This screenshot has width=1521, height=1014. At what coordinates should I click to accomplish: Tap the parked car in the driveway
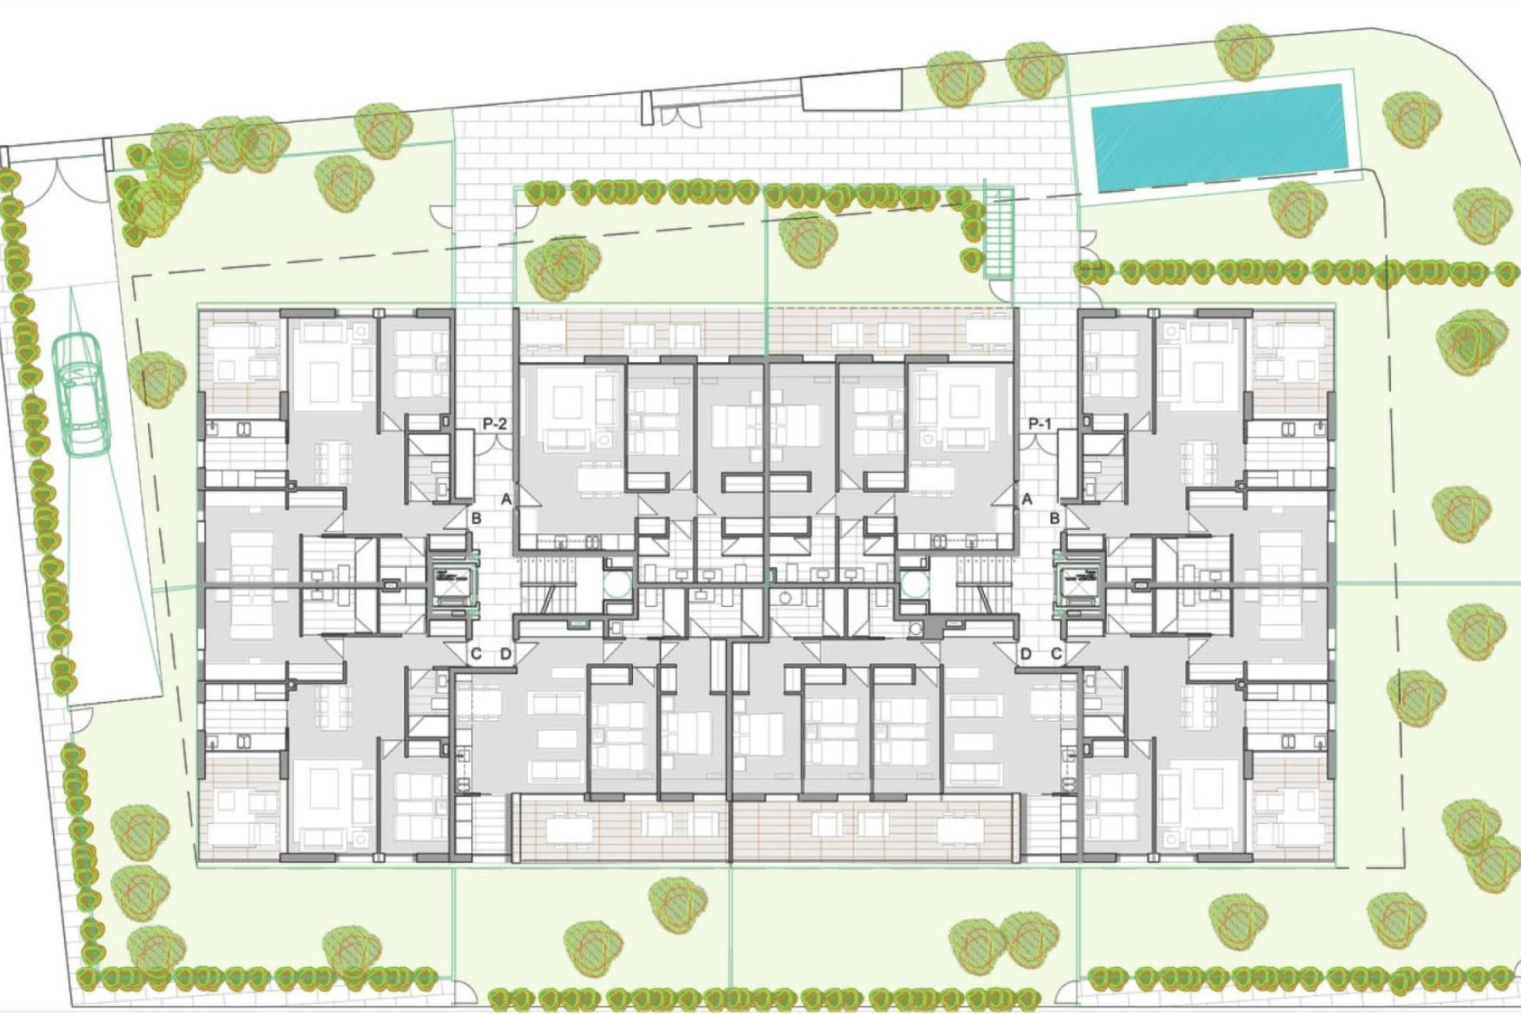81,394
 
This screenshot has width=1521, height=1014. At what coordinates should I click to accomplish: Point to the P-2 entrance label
494,425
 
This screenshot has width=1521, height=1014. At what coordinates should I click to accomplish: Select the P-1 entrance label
1040,425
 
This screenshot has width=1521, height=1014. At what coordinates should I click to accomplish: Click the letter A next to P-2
506,499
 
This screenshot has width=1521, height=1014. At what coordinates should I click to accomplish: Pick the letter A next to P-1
1027,499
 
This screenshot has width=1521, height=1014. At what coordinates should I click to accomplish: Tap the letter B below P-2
477,519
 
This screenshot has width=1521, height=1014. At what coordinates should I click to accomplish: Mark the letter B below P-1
1055,519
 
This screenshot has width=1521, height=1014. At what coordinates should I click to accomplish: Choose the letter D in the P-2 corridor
506,654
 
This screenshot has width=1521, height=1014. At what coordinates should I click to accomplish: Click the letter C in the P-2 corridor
476,654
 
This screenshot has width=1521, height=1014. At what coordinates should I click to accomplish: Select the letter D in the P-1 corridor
1026,654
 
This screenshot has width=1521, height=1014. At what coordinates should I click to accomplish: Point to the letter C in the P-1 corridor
1056,654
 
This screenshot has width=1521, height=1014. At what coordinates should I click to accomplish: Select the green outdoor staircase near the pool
1000,234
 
